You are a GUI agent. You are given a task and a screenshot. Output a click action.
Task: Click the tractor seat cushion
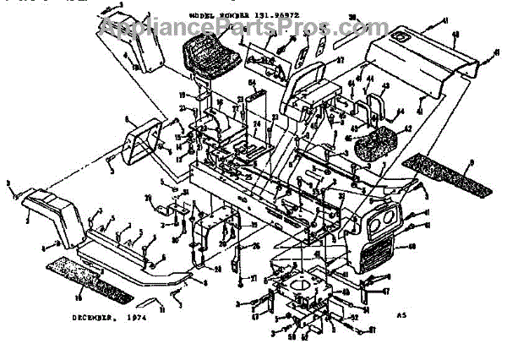coord(206,54)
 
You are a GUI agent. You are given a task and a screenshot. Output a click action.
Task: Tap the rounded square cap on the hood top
coord(401,38)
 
